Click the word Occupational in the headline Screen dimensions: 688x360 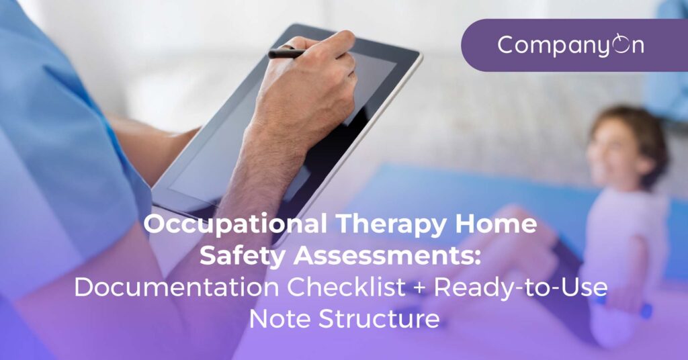[235, 224]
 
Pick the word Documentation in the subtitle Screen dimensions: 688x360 [177, 287]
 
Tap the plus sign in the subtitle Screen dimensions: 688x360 [420, 289]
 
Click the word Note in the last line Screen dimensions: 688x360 [280, 319]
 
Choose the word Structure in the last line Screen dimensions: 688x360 [379, 319]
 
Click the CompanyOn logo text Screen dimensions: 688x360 [570, 45]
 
